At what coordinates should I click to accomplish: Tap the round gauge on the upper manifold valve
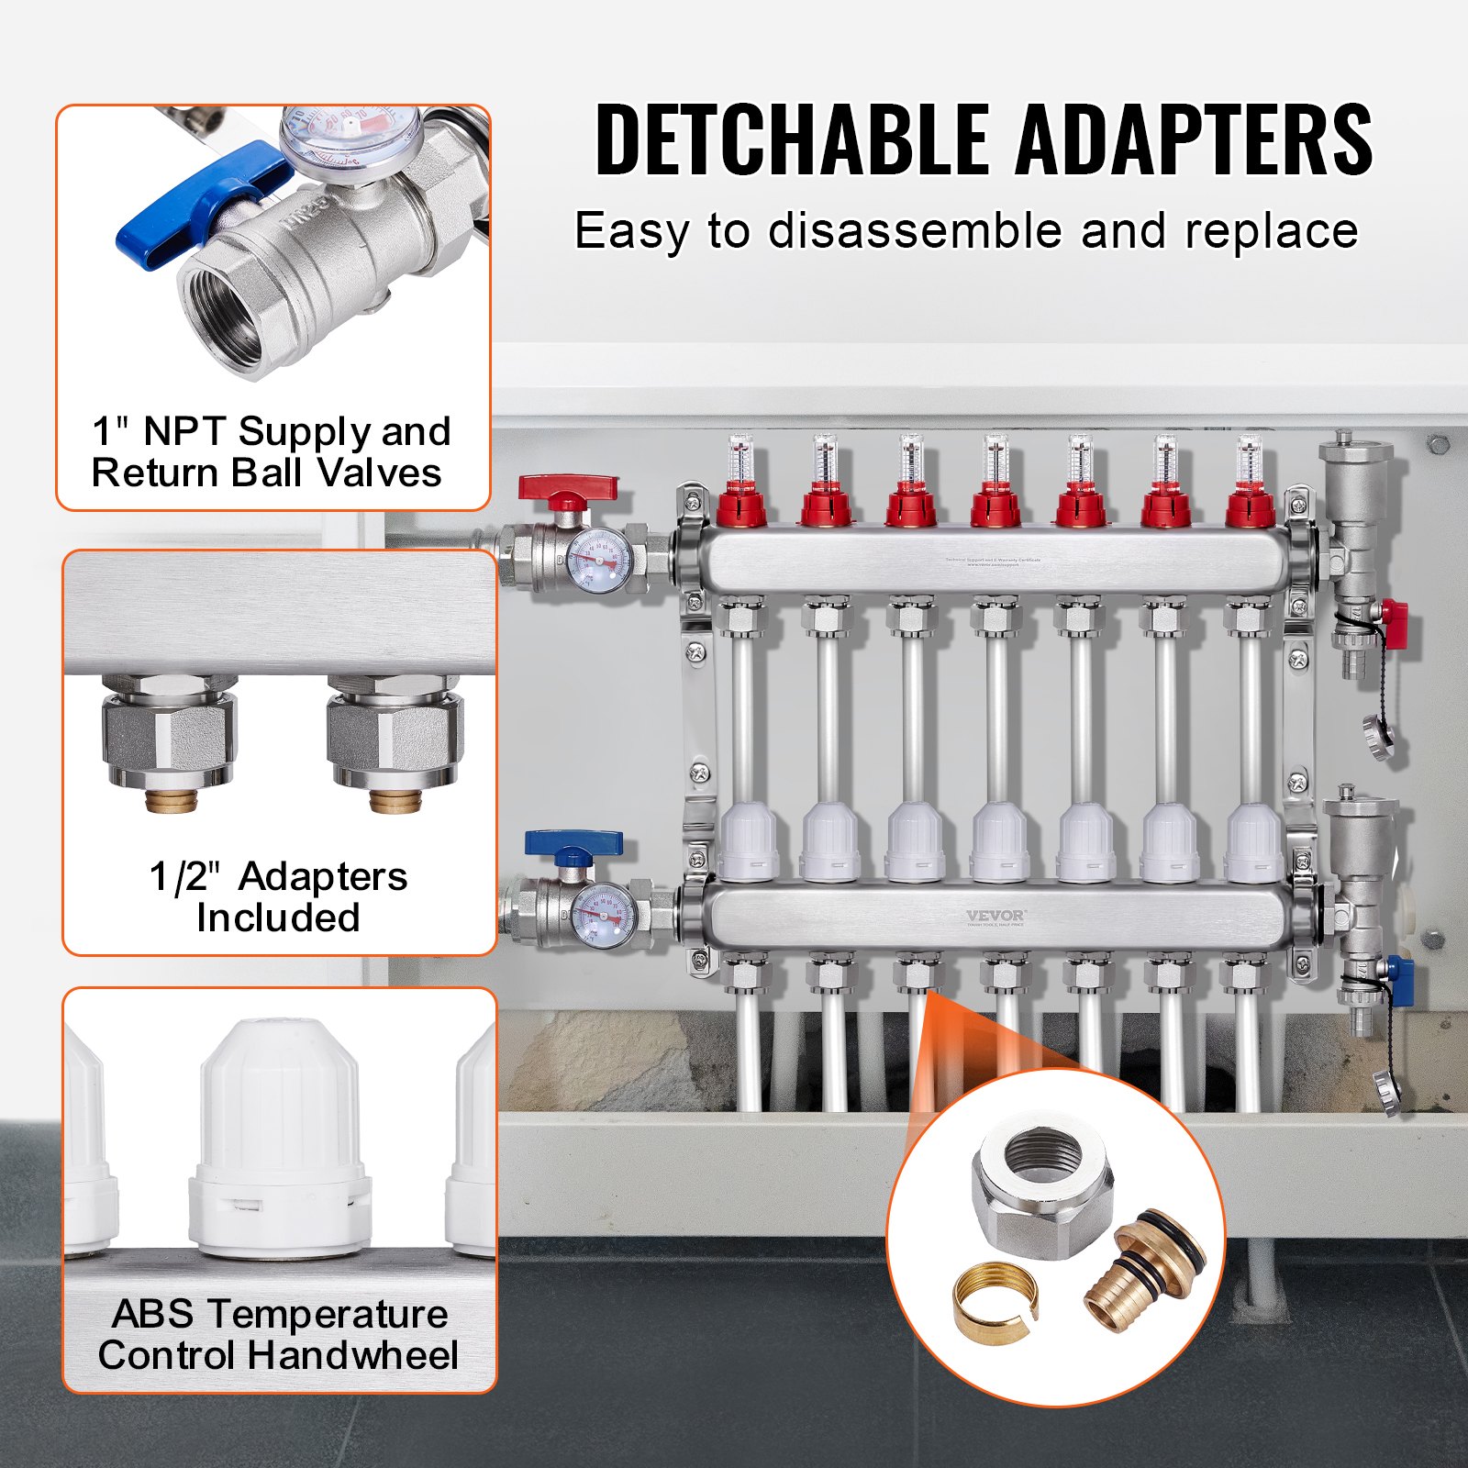(x=599, y=560)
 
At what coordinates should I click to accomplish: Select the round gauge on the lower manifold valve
(x=603, y=917)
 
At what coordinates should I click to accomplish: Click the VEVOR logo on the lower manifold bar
(x=995, y=916)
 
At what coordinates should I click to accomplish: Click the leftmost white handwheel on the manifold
(x=749, y=842)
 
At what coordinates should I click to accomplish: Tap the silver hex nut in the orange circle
(x=1042, y=1184)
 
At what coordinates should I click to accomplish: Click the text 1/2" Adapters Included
(x=278, y=896)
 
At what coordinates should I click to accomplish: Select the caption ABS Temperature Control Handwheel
(x=278, y=1334)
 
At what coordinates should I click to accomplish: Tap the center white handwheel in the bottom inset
(x=280, y=1138)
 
